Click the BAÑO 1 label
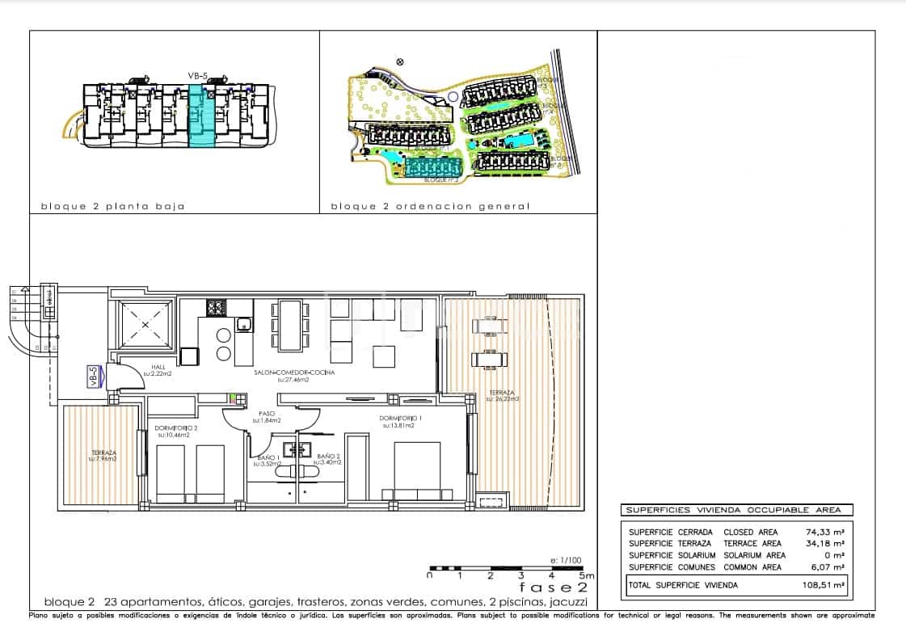[x=268, y=459]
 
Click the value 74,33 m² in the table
[x=828, y=533]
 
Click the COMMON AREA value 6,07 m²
[x=830, y=567]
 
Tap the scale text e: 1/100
[x=565, y=560]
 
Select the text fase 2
[x=553, y=587]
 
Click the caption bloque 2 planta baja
[x=112, y=206]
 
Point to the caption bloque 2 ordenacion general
[x=430, y=206]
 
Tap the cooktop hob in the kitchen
[x=216, y=308]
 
